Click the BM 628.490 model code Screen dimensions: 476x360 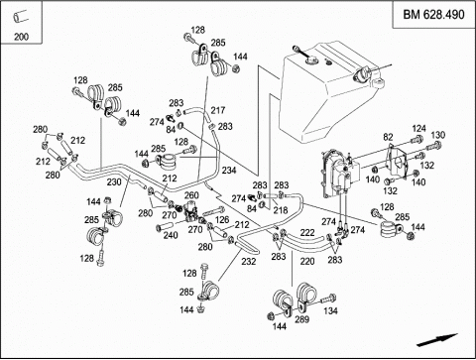point(433,15)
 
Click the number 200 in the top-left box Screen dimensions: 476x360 point(21,37)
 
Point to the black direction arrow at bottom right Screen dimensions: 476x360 point(437,340)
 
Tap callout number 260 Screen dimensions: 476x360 point(191,195)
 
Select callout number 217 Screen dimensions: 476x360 point(218,110)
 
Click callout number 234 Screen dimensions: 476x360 point(229,171)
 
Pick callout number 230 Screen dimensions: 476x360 point(114,181)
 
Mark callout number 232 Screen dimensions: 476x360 point(248,262)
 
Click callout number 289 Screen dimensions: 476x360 point(301,319)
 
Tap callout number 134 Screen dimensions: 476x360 point(330,310)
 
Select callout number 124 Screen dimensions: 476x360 point(418,128)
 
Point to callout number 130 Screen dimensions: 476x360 point(438,135)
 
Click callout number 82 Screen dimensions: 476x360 point(388,137)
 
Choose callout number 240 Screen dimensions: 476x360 point(171,235)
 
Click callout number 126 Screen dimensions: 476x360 point(222,220)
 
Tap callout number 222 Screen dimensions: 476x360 point(307,232)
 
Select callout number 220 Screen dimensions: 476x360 point(307,262)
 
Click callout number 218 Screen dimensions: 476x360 point(281,210)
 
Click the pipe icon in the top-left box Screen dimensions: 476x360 point(21,16)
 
